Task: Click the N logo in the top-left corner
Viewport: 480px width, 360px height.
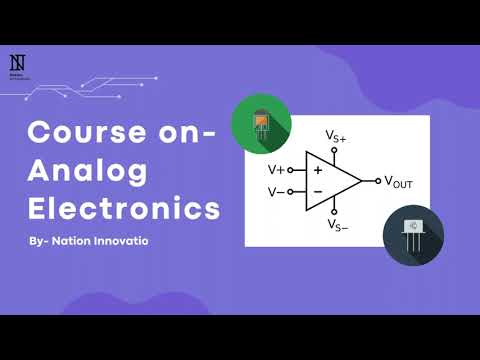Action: pos(17,61)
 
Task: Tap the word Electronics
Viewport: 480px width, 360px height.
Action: pos(123,210)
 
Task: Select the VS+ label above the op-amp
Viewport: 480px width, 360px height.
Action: pos(336,135)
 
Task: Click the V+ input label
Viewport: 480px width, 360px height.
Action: pos(276,170)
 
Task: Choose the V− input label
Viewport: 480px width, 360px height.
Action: pos(276,192)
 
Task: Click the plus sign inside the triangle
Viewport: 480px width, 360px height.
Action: pos(317,171)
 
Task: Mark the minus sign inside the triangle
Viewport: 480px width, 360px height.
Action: pos(317,191)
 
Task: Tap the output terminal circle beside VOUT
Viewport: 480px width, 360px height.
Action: pos(377,181)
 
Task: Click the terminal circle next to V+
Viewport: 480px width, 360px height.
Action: pos(291,170)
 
